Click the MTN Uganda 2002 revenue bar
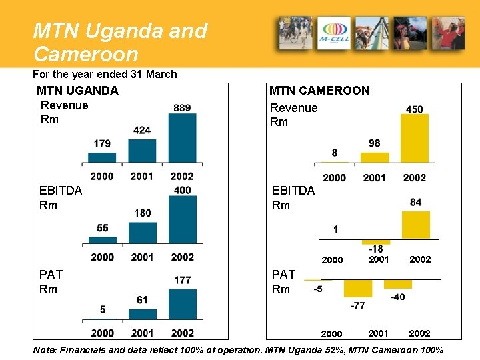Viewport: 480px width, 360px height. (x=182, y=138)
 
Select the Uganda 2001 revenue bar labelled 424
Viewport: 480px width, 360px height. (x=142, y=151)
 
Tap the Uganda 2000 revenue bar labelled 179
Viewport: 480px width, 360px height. (x=102, y=157)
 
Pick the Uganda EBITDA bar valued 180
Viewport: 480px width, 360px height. (x=142, y=233)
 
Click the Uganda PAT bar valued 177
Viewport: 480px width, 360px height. (x=182, y=304)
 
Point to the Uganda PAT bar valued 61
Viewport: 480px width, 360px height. (x=142, y=314)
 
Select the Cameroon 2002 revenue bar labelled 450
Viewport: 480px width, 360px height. (x=414, y=139)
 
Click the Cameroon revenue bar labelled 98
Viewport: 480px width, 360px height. (x=375, y=157)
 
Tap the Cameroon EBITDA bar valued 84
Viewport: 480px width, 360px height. (x=415, y=225)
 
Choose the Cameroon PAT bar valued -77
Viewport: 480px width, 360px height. (x=358, y=288)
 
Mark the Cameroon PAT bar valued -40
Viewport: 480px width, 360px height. (x=398, y=284)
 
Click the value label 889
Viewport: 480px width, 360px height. (x=182, y=107)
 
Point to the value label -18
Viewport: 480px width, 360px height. (x=375, y=249)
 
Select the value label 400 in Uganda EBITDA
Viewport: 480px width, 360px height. (x=182, y=190)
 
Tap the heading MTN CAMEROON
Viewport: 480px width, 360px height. (x=319, y=91)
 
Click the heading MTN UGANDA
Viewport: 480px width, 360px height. (x=77, y=91)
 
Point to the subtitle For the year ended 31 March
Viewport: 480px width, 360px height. (x=105, y=74)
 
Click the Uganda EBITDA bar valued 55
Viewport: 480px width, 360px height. (x=102, y=240)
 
